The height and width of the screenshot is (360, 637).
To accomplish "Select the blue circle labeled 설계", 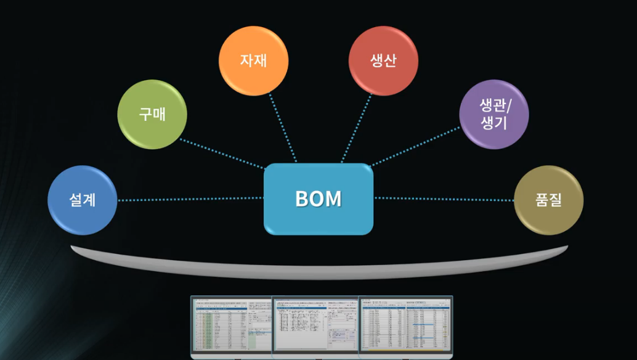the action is pyautogui.click(x=83, y=200).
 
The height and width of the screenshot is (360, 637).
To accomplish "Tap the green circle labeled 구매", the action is pyautogui.click(x=152, y=114).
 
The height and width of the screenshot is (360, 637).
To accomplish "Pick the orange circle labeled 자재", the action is pyautogui.click(x=254, y=60).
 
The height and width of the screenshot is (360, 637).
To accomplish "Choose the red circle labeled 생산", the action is pyautogui.click(x=383, y=60).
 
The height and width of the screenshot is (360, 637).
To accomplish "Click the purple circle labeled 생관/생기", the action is pyautogui.click(x=494, y=114).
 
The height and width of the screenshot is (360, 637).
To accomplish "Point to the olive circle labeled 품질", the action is pyautogui.click(x=548, y=200).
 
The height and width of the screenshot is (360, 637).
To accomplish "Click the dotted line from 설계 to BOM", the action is pyautogui.click(x=191, y=199).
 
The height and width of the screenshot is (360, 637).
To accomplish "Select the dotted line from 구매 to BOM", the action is pyautogui.click(x=222, y=153).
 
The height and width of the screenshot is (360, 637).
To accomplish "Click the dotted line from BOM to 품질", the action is pyautogui.click(x=444, y=199).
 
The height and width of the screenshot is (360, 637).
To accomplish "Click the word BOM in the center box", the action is pyautogui.click(x=318, y=199).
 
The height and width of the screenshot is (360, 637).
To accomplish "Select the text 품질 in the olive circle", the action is pyautogui.click(x=548, y=200).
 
